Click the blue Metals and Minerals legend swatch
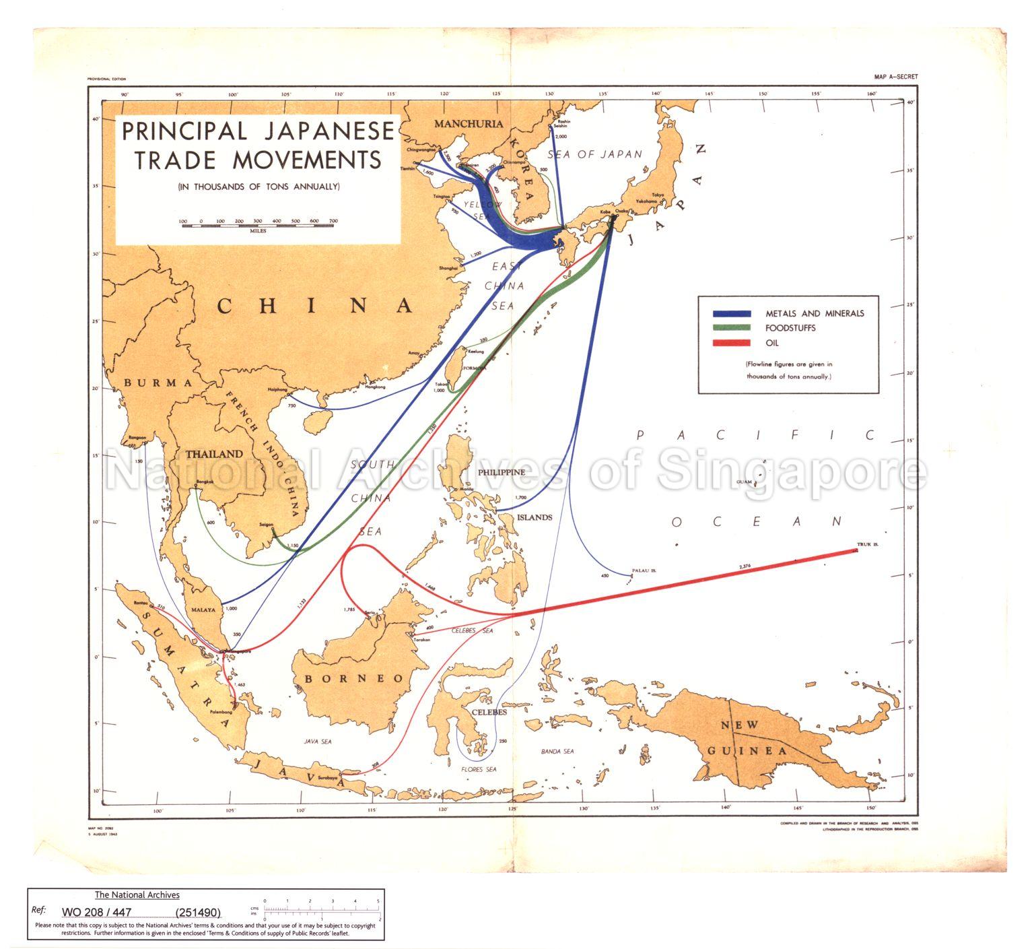tap(732, 314)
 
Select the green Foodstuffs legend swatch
tap(732, 328)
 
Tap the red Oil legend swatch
tap(732, 343)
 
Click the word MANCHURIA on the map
tap(469, 124)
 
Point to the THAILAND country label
tap(214, 454)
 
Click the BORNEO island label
tap(353, 678)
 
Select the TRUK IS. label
tap(868, 544)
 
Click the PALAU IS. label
tap(644, 570)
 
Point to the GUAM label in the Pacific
tap(744, 482)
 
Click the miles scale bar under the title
tap(258, 225)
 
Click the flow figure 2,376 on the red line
tap(745, 566)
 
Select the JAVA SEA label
tap(318, 742)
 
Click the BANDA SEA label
tap(558, 751)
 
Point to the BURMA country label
tap(158, 383)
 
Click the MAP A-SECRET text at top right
tap(891, 77)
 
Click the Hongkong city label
tap(375, 387)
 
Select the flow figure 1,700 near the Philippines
tap(520, 498)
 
